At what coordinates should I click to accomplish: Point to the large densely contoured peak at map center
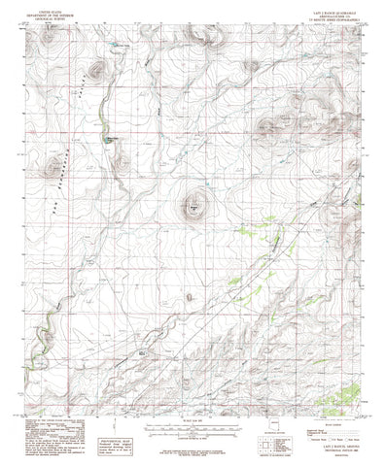click(193, 206)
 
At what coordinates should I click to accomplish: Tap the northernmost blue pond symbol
click(121, 45)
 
